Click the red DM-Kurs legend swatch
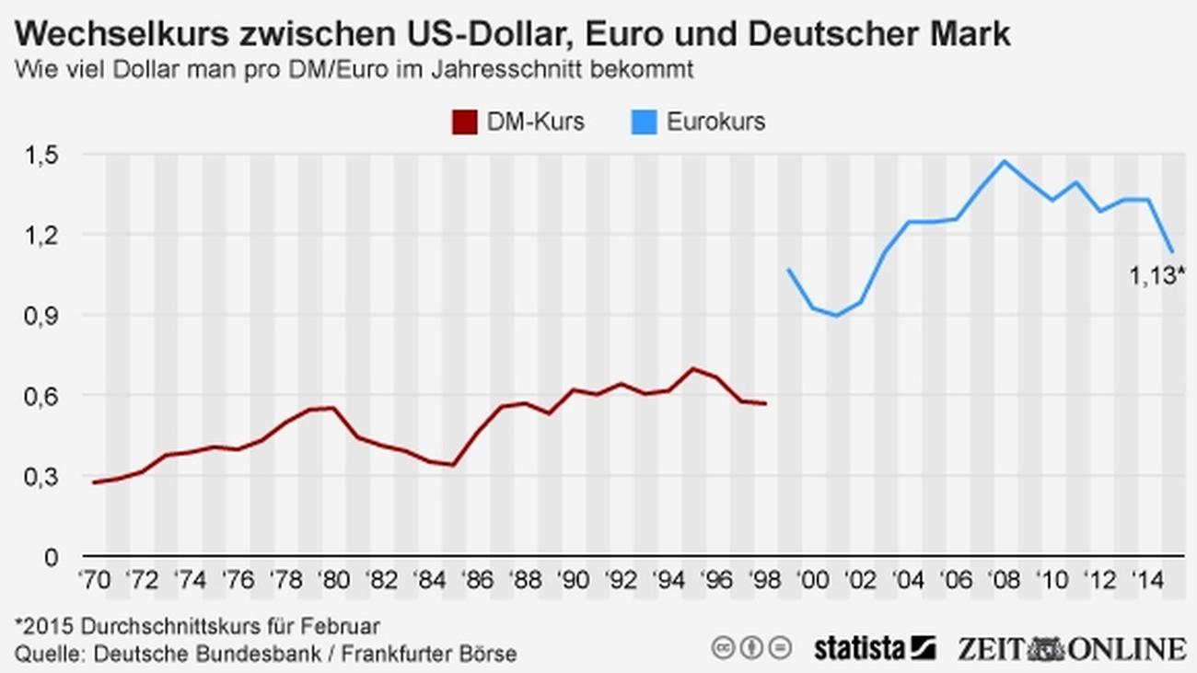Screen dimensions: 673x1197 465,122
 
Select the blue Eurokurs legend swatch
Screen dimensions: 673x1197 644,122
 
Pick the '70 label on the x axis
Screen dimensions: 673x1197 94,581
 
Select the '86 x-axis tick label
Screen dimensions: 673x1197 477,581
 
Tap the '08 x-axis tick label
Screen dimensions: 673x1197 1005,581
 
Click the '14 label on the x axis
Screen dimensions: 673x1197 1148,581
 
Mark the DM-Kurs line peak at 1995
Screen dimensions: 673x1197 693,368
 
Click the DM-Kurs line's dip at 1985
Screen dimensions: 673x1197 453,464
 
